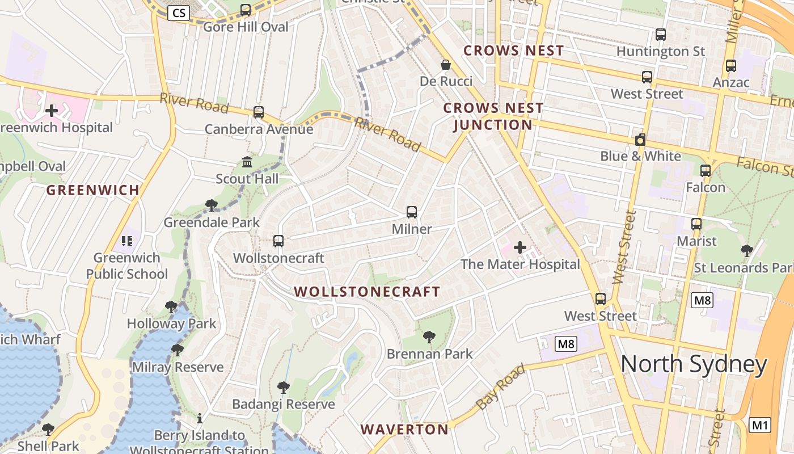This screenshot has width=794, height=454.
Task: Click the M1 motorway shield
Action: tap(760, 424)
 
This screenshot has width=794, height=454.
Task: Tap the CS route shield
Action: tap(178, 12)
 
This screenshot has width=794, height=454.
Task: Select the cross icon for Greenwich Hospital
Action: tap(52, 110)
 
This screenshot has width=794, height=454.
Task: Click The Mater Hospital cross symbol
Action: tap(520, 247)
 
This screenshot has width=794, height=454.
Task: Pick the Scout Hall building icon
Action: tap(247, 162)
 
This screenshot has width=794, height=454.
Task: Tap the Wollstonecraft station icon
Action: tap(278, 241)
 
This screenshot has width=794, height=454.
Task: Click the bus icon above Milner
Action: tap(412, 212)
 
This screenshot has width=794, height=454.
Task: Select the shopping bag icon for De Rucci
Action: tap(446, 65)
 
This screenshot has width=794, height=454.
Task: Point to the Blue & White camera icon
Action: tap(640, 140)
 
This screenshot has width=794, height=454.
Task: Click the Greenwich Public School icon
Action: tap(126, 241)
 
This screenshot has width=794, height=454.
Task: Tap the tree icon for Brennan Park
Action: tap(429, 337)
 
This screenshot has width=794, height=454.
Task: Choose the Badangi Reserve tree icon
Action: tap(283, 388)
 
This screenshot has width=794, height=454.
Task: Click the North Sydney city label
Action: tap(694, 364)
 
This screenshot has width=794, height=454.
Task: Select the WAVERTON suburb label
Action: tap(404, 429)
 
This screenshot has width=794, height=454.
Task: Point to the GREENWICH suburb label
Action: tap(92, 190)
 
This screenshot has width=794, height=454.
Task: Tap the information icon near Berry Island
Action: tap(200, 419)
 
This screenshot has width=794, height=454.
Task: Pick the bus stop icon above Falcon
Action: tap(706, 170)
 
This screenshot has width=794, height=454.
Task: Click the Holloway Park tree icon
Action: tap(171, 307)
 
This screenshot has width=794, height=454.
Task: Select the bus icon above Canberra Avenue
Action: tap(259, 112)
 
